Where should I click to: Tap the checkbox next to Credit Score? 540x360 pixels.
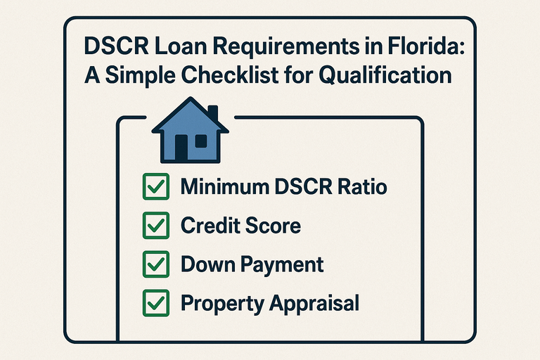(x=154, y=226)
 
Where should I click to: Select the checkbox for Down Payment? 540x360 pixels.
(x=154, y=264)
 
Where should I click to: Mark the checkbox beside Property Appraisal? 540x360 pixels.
(x=154, y=303)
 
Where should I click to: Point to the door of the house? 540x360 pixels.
(x=181, y=147)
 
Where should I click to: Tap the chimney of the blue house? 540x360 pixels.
(x=212, y=113)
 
